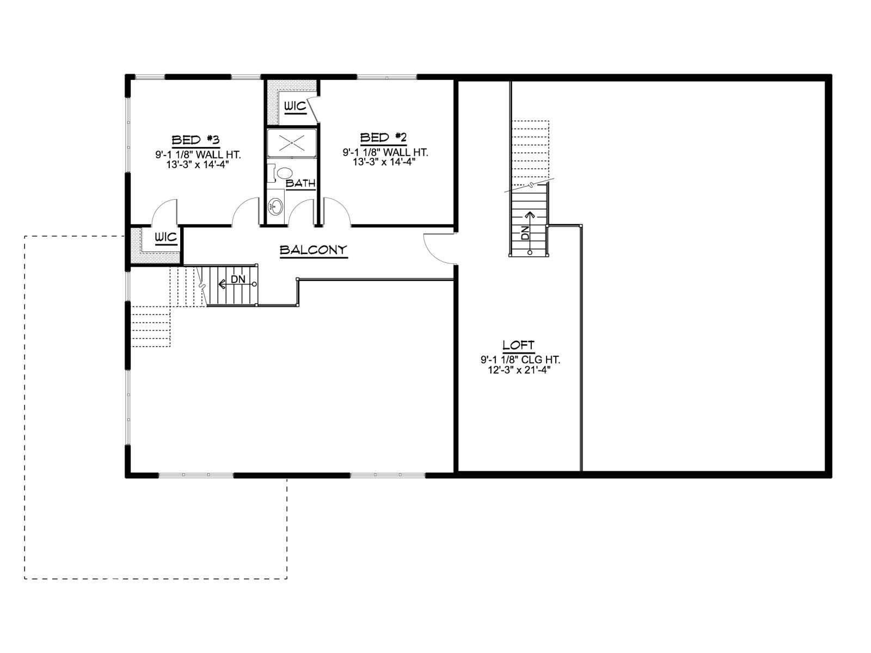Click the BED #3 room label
point(195,140)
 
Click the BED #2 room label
point(383,138)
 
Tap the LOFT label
point(518,345)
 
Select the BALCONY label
point(314,250)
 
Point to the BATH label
point(301,183)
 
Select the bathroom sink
point(275,206)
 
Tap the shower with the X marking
point(292,143)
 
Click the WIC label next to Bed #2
point(296,106)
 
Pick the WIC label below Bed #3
point(166,237)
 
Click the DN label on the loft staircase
point(525,233)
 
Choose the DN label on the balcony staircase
point(238,279)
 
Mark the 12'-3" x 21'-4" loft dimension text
point(519,370)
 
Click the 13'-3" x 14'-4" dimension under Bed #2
point(384,162)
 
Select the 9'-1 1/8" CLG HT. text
point(520,360)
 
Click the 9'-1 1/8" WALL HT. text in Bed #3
point(198,155)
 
